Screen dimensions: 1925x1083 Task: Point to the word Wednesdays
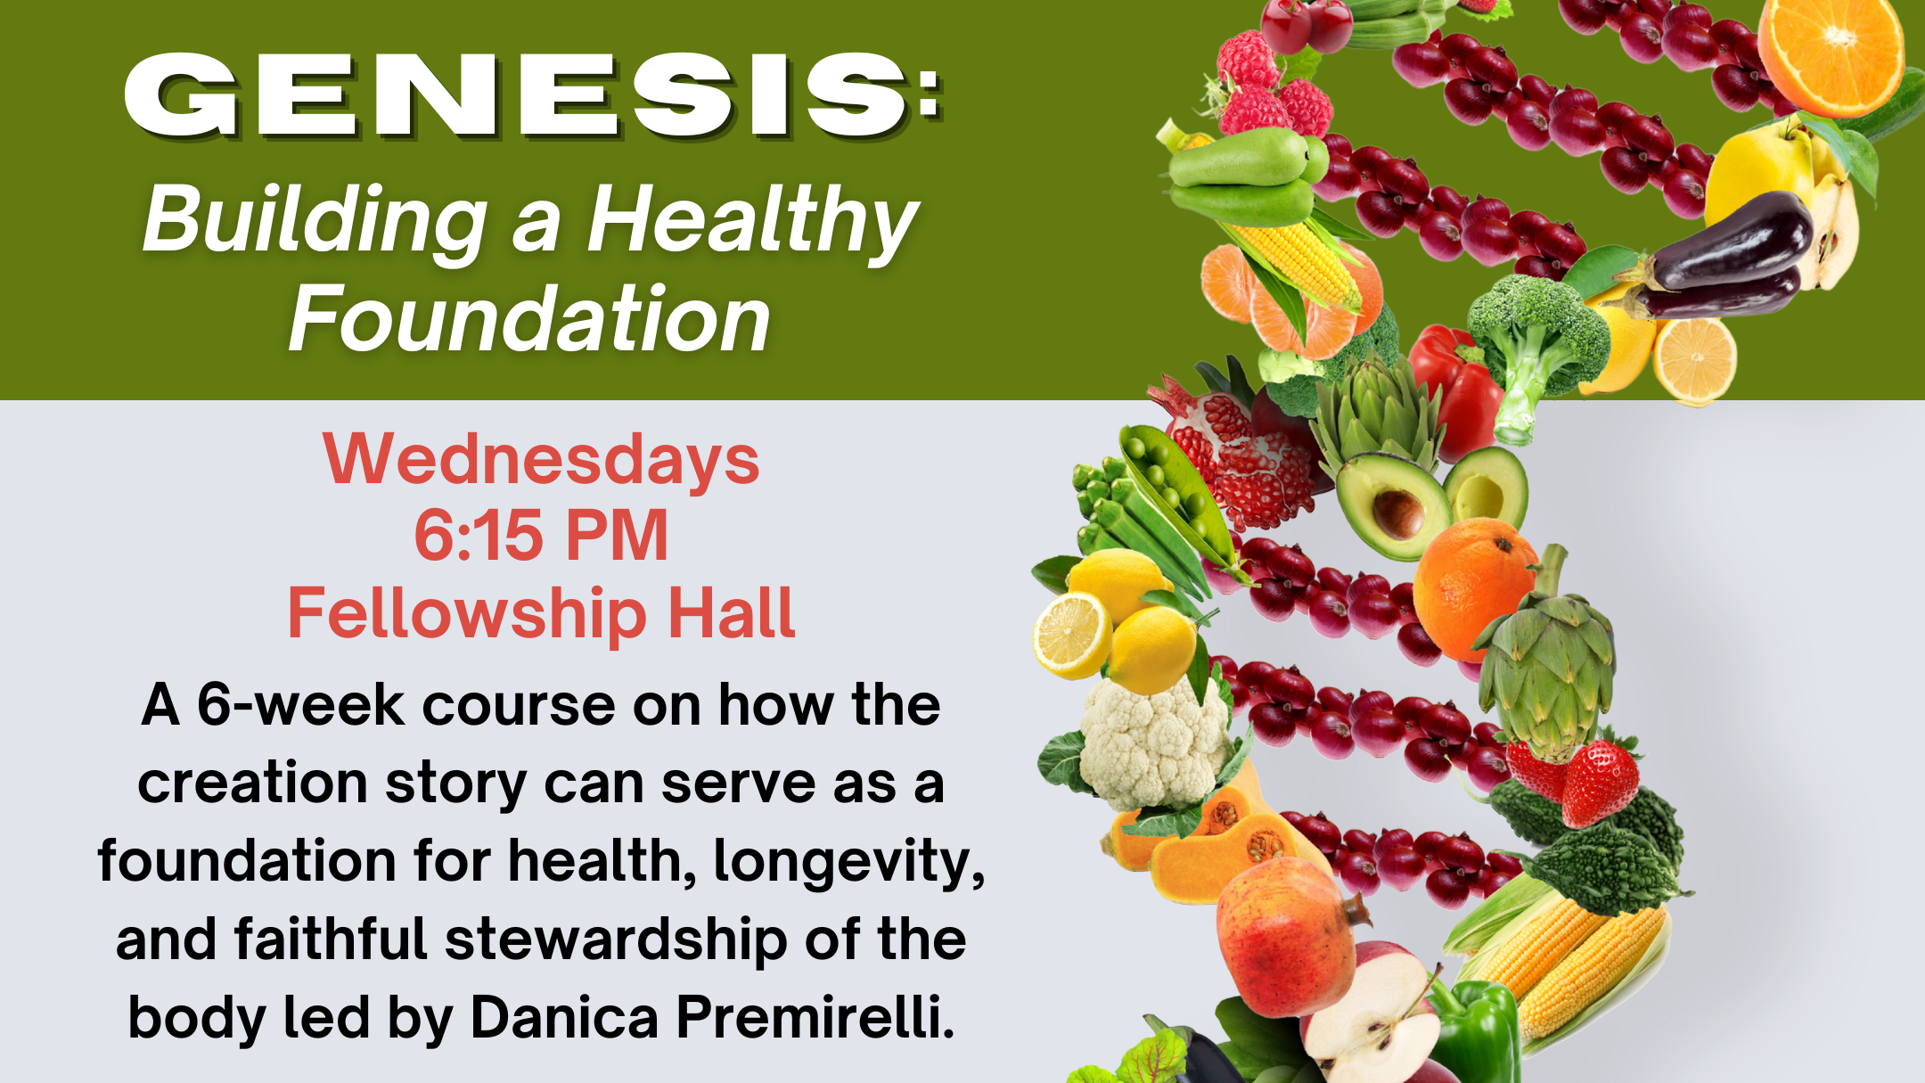point(542,459)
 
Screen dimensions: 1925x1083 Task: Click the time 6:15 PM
point(542,536)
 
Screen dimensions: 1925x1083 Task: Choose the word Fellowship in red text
point(466,615)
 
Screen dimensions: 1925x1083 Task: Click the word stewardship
point(616,941)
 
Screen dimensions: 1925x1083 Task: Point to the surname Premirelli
point(815,1017)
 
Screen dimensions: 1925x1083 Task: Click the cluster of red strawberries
point(1577,775)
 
